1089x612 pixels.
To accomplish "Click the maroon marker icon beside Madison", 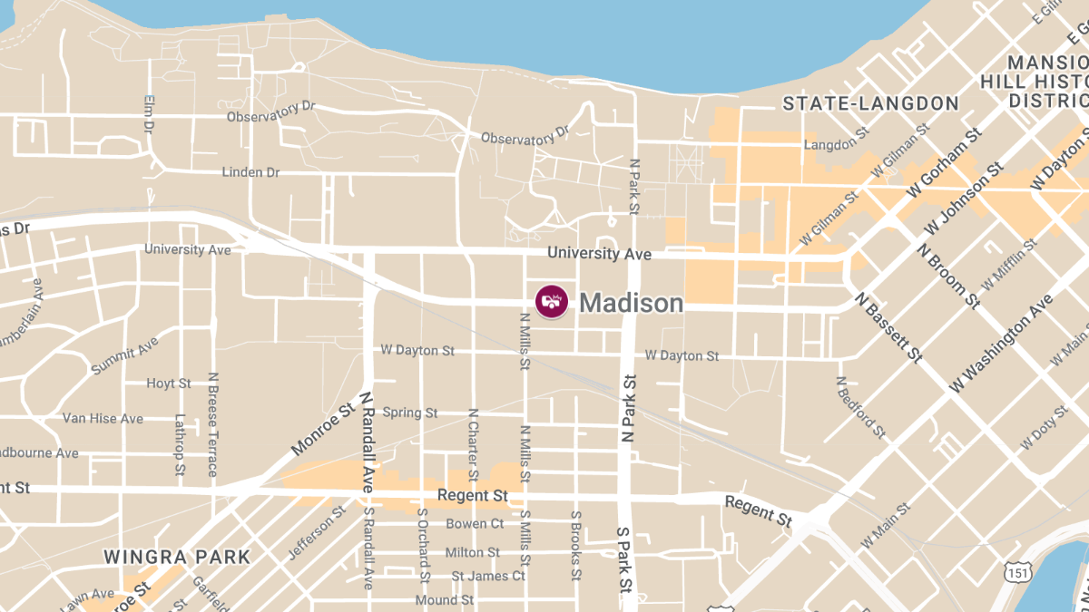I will coord(552,302).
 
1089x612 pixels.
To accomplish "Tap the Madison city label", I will coord(631,303).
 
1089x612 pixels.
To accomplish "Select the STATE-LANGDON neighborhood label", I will coord(871,103).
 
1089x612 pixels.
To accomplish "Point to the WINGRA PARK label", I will coord(177,557).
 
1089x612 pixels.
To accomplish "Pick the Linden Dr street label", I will coord(250,172).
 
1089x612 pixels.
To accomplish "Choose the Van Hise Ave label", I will coord(103,419).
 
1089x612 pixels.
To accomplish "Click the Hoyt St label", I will coord(169,384).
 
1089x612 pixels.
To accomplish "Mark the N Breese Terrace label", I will coord(212,424).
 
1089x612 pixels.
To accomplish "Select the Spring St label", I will coord(409,413).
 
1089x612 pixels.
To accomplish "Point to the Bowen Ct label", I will coord(475,524).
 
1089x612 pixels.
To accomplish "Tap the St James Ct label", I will coord(488,576).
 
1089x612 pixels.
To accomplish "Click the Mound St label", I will coord(444,600).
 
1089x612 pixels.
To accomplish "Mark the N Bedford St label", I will coord(860,407).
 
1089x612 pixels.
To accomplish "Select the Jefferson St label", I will coord(318,532).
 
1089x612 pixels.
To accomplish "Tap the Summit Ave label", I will coord(124,355).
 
